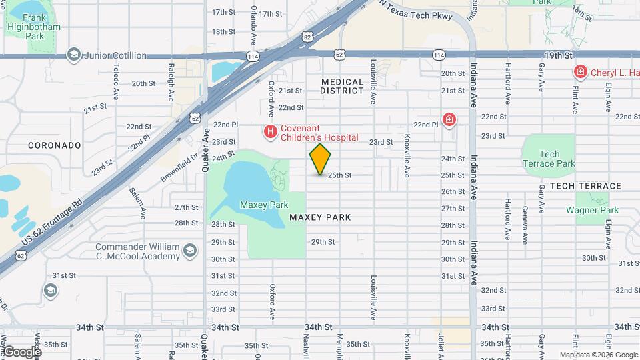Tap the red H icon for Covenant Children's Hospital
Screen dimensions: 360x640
(270, 132)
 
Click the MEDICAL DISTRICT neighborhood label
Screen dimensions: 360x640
(342, 87)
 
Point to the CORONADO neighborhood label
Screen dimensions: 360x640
(55, 145)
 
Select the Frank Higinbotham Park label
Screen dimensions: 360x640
(33, 22)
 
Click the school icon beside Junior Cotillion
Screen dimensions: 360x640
(74, 55)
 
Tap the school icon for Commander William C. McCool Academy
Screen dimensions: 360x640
(189, 251)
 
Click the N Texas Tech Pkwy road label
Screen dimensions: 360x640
(416, 11)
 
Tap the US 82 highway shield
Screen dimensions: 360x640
(306, 38)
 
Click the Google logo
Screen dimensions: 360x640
(21, 351)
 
